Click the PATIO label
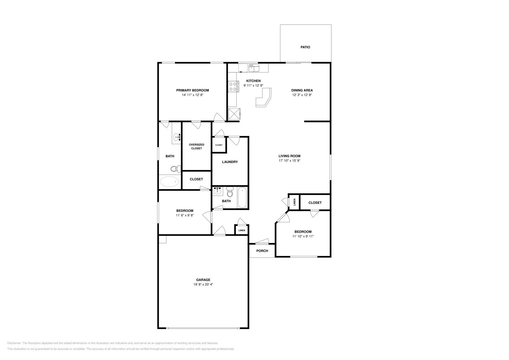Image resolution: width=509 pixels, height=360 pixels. tap(305, 47)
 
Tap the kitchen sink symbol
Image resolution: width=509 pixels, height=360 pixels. tap(254, 68)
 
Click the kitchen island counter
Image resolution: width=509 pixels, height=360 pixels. tap(263, 98)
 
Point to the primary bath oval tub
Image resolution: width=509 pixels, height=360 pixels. tap(169, 182)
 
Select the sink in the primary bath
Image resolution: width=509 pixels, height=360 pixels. tap(177, 137)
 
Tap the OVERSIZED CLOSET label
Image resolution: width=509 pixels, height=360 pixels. tap(196, 146)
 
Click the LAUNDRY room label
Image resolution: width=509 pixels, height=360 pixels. tap(230, 162)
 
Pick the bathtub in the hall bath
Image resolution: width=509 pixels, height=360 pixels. tap(242, 198)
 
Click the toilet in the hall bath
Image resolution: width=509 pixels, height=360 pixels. tap(230, 192)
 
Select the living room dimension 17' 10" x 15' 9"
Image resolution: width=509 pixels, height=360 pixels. tap(289, 161)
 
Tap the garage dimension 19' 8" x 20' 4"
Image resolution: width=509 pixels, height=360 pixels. tap(203, 284)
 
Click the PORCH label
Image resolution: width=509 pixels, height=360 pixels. tap(262, 251)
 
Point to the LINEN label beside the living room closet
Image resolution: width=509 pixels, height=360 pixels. tap(294, 202)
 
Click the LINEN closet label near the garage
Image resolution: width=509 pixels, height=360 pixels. tap(241, 230)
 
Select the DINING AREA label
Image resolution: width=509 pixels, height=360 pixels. tap(302, 90)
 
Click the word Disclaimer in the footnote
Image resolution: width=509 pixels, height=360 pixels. tap(14, 343)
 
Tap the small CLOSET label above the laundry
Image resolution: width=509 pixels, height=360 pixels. tap(219, 145)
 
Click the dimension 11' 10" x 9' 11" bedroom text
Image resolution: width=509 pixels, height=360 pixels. tap(303, 236)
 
